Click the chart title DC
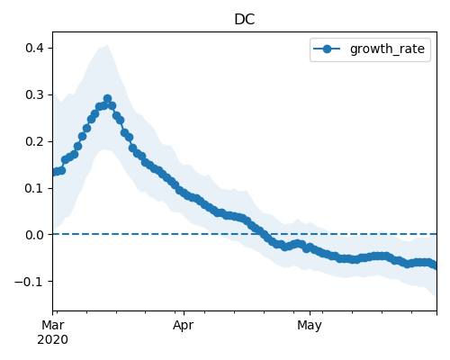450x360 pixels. tap(245, 20)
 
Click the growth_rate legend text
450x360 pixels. tap(387, 49)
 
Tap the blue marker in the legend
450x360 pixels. tap(327, 49)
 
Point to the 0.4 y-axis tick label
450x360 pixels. tap(34, 48)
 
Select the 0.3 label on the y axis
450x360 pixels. tap(34, 94)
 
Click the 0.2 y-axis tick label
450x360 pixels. tap(34, 141)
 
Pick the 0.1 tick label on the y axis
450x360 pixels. tap(34, 188)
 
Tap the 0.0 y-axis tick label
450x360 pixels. tap(34, 235)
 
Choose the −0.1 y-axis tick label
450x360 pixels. tap(29, 282)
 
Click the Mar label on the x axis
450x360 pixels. tap(53, 325)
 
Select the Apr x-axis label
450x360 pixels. tap(184, 325)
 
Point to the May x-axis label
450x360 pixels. tap(310, 325)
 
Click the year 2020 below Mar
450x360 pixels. tap(53, 340)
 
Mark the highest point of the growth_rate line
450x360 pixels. tap(108, 98)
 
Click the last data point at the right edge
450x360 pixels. tap(434, 265)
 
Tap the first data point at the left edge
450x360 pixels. tap(55, 172)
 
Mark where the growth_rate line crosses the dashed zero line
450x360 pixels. tap(261, 234)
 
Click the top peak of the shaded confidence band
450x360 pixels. tap(107, 45)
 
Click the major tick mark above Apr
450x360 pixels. tap(184, 313)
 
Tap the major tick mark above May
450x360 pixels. tap(310, 313)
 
